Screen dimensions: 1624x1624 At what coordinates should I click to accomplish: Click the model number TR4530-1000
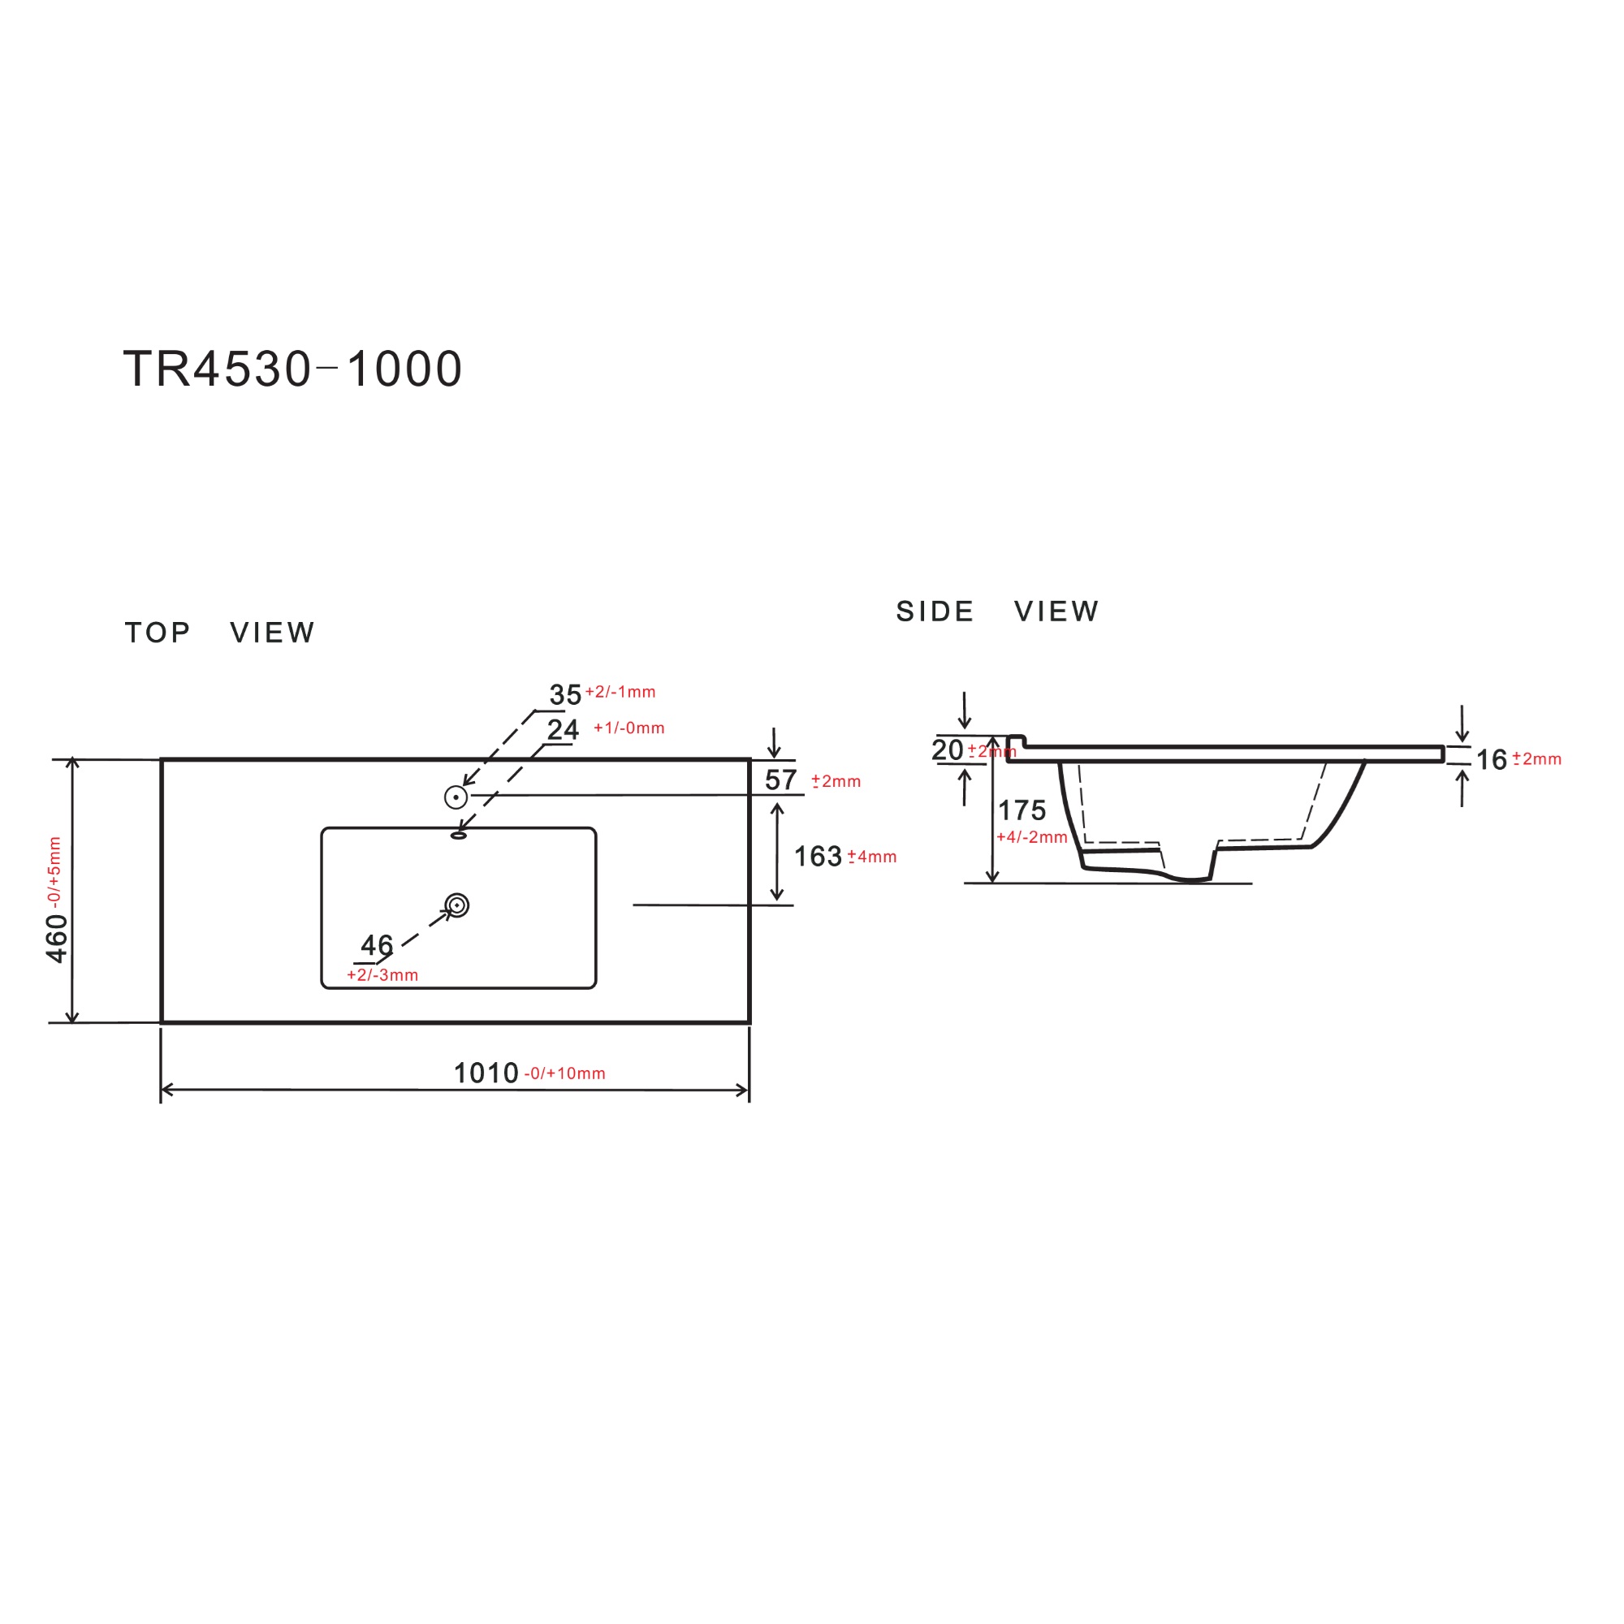pyautogui.click(x=292, y=369)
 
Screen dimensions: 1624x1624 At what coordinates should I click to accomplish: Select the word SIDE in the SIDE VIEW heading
pyautogui.click(x=935, y=611)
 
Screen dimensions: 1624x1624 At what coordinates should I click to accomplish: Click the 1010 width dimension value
pyautogui.click(x=486, y=1073)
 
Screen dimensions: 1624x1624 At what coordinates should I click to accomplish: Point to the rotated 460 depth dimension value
pyautogui.click(x=56, y=938)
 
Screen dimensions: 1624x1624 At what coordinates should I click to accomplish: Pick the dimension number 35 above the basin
pyautogui.click(x=565, y=695)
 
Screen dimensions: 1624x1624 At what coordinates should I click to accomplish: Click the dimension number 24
pyautogui.click(x=563, y=729)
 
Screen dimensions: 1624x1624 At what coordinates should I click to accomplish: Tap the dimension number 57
pyautogui.click(x=780, y=780)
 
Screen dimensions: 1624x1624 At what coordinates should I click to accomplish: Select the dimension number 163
pyautogui.click(x=817, y=857)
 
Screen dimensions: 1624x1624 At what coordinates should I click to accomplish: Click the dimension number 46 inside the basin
pyautogui.click(x=377, y=945)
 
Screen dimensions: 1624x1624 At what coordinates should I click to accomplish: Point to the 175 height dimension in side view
pyautogui.click(x=1021, y=810)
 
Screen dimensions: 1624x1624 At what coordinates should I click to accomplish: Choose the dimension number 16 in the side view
pyautogui.click(x=1491, y=760)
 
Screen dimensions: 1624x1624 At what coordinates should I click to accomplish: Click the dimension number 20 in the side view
pyautogui.click(x=948, y=749)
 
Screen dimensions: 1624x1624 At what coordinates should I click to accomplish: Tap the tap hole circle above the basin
pyautogui.click(x=456, y=797)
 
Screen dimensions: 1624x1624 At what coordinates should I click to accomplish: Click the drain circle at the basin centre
pyautogui.click(x=456, y=905)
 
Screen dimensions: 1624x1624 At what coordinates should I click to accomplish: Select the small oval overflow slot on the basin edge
pyautogui.click(x=458, y=836)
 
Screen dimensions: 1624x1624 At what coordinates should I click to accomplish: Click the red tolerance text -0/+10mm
pyautogui.click(x=565, y=1074)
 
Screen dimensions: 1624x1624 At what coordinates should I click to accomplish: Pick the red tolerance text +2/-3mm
pyautogui.click(x=382, y=975)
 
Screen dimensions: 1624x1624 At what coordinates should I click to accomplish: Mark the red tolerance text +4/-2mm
pyautogui.click(x=1031, y=837)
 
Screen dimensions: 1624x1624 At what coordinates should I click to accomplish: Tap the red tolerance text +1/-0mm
pyautogui.click(x=628, y=728)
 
